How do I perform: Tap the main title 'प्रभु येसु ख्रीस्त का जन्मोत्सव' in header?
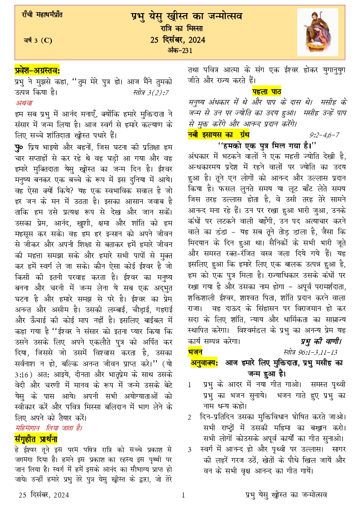click(180, 16)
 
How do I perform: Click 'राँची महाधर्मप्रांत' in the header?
click(42, 15)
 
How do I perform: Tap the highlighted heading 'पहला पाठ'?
click(267, 91)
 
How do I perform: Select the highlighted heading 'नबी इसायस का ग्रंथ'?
click(218, 134)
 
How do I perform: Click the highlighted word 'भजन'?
click(195, 352)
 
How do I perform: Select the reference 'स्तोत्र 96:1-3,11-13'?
click(310, 352)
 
